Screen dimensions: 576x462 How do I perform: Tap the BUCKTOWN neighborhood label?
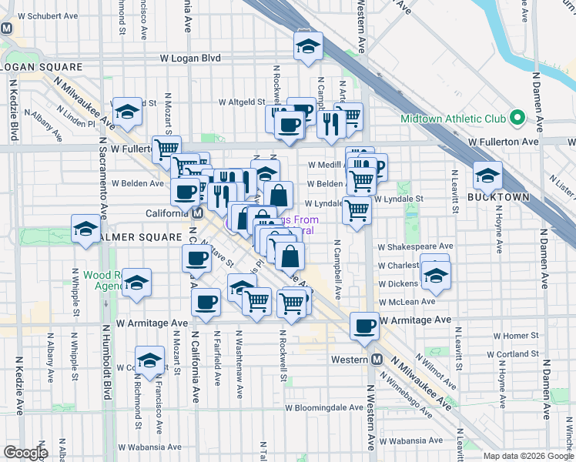click(499, 197)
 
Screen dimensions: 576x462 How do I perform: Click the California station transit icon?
click(198, 213)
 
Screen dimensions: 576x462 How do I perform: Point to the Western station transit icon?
click(377, 360)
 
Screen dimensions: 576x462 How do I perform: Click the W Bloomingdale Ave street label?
click(323, 407)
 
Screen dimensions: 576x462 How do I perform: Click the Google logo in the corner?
click(25, 453)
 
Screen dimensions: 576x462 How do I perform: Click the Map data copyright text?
click(528, 456)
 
